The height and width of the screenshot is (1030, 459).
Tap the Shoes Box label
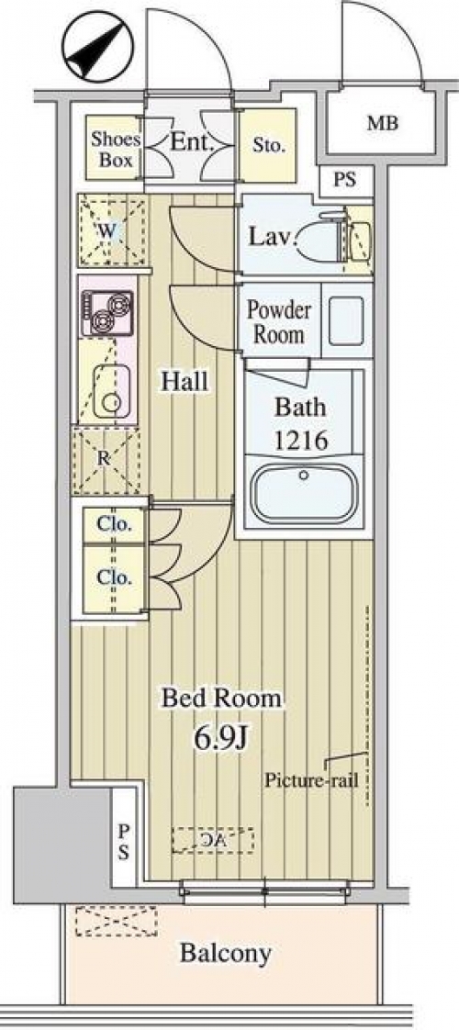pyautogui.click(x=116, y=149)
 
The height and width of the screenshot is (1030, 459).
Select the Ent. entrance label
pyautogui.click(x=190, y=141)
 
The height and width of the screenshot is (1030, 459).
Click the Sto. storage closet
pyautogui.click(x=267, y=145)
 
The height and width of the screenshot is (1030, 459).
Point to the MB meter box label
pyautogui.click(x=382, y=123)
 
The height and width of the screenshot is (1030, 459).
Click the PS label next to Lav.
pyautogui.click(x=345, y=180)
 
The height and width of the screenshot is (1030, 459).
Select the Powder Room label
pyautogui.click(x=279, y=322)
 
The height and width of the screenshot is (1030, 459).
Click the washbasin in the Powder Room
pyautogui.click(x=346, y=319)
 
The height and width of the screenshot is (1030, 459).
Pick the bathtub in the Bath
pyautogui.click(x=303, y=493)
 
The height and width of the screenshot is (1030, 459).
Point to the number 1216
pyautogui.click(x=301, y=440)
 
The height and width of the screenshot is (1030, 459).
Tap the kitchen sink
pyautogui.click(x=112, y=391)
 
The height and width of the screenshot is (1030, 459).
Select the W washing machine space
pyautogui.click(x=111, y=230)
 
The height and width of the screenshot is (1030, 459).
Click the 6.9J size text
pyautogui.click(x=220, y=737)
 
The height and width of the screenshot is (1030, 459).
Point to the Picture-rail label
pyautogui.click(x=310, y=780)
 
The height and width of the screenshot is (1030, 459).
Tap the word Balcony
pyautogui.click(x=225, y=953)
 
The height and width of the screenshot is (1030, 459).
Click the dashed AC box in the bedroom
pyautogui.click(x=213, y=839)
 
